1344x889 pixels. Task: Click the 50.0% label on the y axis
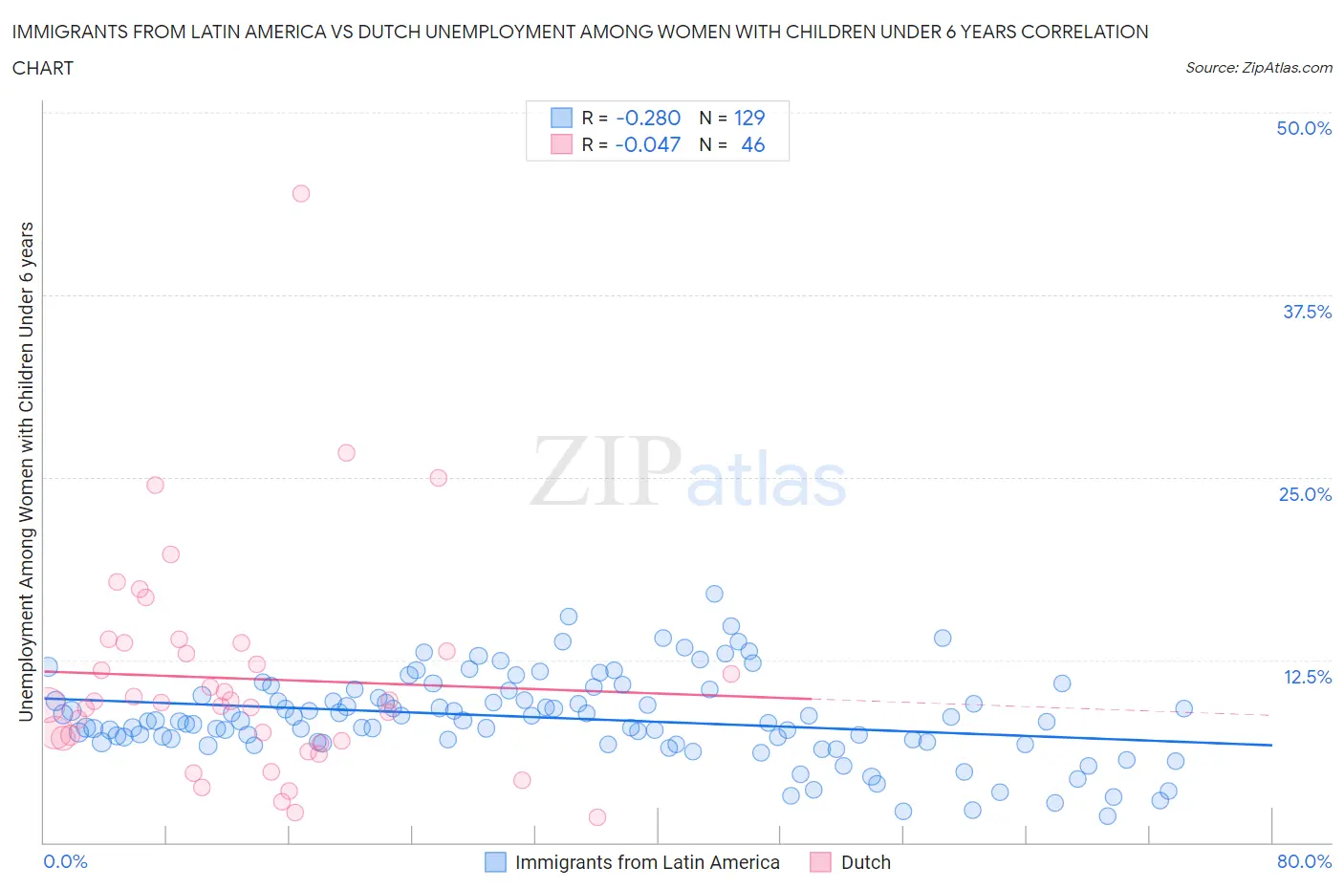pyautogui.click(x=1304, y=128)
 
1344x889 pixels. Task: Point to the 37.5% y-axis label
pyautogui.click(x=1307, y=312)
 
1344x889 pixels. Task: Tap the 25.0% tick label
pyautogui.click(x=1305, y=494)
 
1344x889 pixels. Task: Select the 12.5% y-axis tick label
pyautogui.click(x=1307, y=677)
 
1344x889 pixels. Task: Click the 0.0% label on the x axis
pyautogui.click(x=65, y=861)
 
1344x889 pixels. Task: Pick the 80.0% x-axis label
pyautogui.click(x=1304, y=861)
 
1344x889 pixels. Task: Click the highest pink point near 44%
pyautogui.click(x=300, y=193)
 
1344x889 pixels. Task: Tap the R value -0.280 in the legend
pyautogui.click(x=648, y=118)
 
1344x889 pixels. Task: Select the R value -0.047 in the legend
pyautogui.click(x=648, y=144)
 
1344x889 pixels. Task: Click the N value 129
pyautogui.click(x=749, y=118)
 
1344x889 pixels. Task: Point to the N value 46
pyautogui.click(x=752, y=144)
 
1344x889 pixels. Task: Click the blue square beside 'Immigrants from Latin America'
pyautogui.click(x=495, y=862)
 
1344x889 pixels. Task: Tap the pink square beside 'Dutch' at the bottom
pyautogui.click(x=820, y=862)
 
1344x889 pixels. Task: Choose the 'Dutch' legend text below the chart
pyautogui.click(x=865, y=862)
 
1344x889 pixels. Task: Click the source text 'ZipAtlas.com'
pyautogui.click(x=1287, y=67)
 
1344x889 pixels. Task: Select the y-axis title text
pyautogui.click(x=26, y=471)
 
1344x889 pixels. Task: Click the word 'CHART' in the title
pyautogui.click(x=43, y=68)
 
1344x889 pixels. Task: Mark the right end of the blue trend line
pyautogui.click(x=1271, y=745)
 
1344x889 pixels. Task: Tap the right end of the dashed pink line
pyautogui.click(x=1271, y=715)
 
